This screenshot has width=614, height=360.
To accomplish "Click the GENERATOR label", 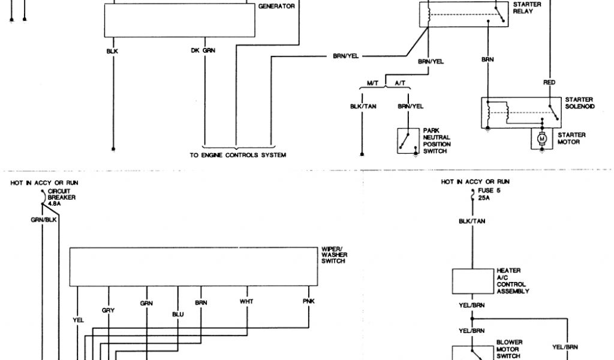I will (x=276, y=7).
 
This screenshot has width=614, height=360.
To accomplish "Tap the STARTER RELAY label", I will (x=528, y=8).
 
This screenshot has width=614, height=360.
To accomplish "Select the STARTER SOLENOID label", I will (x=579, y=103).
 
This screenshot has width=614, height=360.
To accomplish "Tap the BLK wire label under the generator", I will (x=112, y=51).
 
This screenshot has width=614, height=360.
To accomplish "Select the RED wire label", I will (x=549, y=82).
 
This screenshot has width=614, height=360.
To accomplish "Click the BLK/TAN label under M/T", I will (x=363, y=106).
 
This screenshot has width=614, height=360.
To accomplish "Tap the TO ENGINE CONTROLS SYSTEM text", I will (x=238, y=155).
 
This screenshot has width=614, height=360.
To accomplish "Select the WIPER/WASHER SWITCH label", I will (x=335, y=254).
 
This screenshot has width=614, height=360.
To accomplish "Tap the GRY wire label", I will (x=109, y=310).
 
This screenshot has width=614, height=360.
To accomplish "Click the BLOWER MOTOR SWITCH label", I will (x=510, y=348).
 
